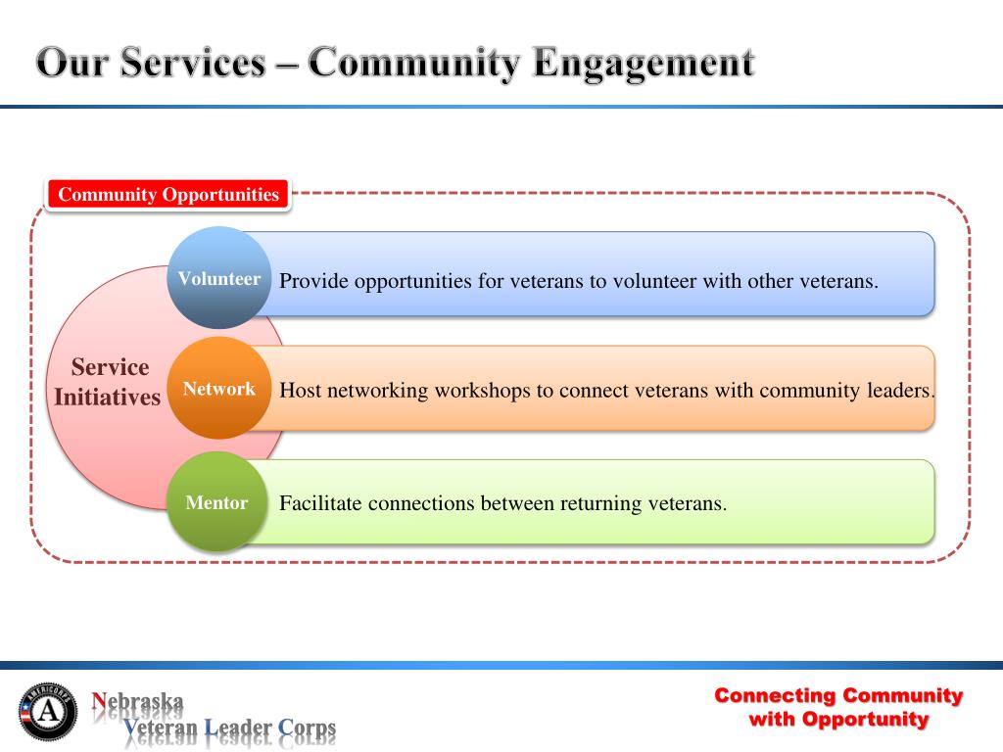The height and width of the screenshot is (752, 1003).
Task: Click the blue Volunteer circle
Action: tap(218, 278)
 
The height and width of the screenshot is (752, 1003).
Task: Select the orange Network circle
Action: tap(218, 389)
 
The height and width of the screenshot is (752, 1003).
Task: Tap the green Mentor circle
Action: tap(216, 503)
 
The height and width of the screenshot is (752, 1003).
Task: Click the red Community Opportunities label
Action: tap(168, 194)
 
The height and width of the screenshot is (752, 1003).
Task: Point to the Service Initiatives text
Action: tap(108, 382)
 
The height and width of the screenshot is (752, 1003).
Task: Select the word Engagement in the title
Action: tap(645, 64)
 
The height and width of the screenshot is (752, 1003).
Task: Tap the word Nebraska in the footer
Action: tap(138, 701)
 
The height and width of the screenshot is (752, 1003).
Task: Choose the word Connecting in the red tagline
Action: tap(775, 695)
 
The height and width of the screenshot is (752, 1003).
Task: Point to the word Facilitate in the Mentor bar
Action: tap(320, 504)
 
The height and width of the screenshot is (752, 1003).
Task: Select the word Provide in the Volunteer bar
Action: tap(313, 281)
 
